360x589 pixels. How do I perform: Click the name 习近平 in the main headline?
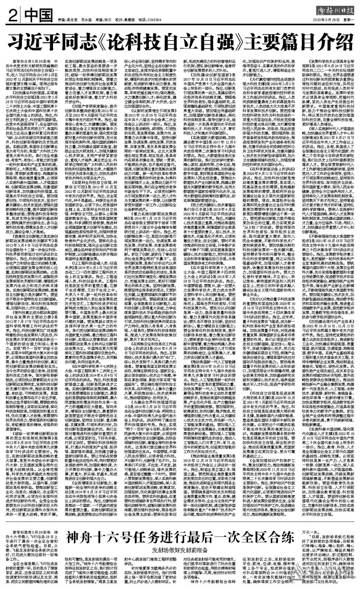(40, 40)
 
